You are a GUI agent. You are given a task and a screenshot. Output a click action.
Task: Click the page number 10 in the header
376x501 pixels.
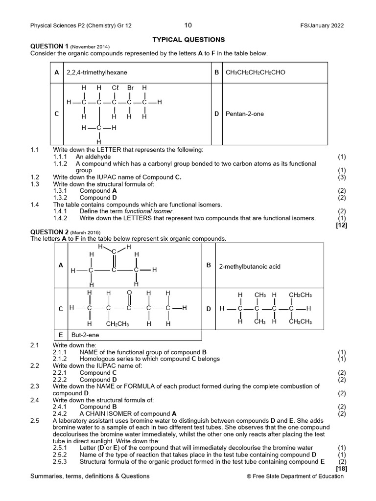tap(188, 25)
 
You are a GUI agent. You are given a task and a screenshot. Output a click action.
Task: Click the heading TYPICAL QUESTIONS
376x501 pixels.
tap(188, 40)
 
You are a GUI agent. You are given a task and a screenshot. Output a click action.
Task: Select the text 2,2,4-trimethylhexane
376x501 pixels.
tap(93, 72)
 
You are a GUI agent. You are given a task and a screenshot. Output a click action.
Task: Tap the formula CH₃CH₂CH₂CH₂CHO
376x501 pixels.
tap(255, 72)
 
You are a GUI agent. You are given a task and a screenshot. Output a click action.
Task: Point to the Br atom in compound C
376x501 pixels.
tap(130, 88)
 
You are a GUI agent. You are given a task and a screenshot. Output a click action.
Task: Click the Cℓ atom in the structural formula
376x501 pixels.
tap(115, 88)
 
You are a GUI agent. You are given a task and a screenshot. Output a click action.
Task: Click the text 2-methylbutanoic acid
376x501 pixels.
tap(250, 267)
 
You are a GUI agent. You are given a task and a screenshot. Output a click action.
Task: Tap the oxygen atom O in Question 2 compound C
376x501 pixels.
tap(129, 293)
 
